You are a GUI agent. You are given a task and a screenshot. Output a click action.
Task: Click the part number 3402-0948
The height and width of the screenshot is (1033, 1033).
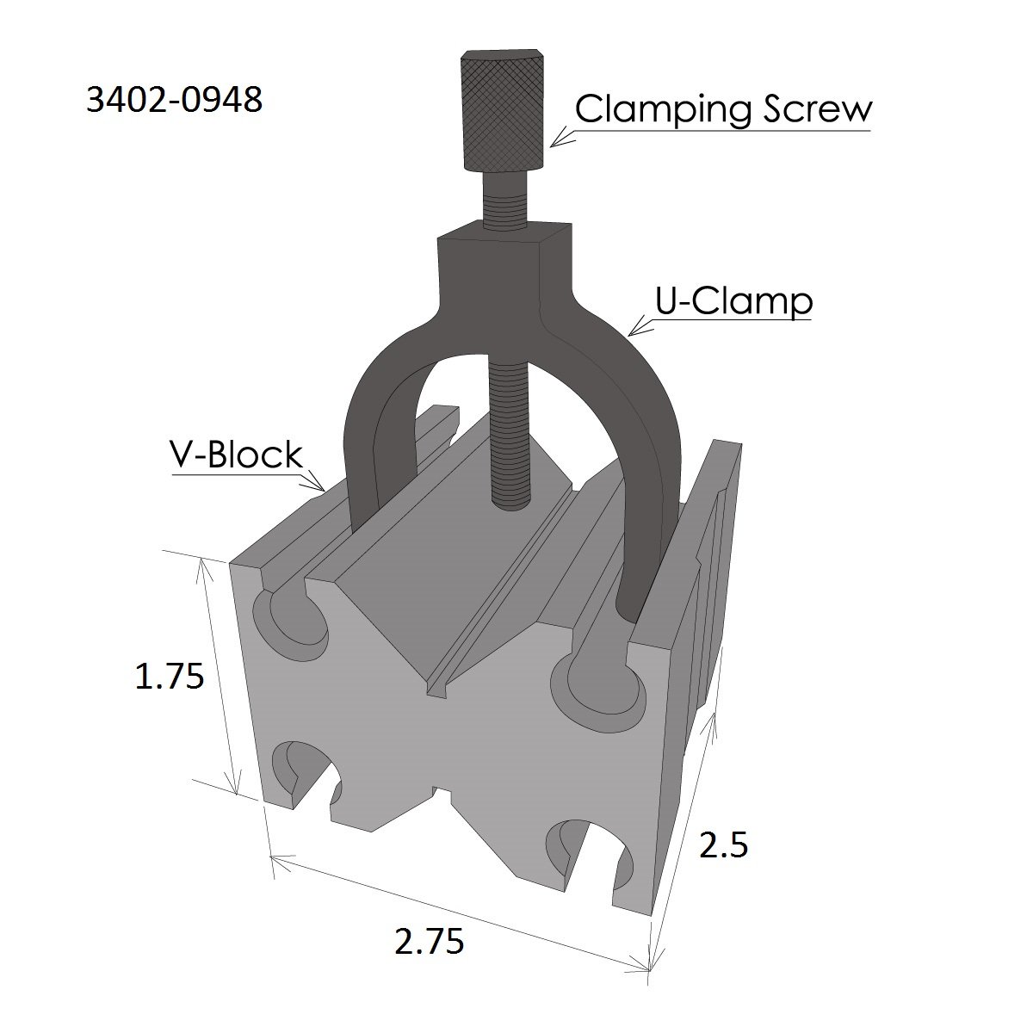pos(174,102)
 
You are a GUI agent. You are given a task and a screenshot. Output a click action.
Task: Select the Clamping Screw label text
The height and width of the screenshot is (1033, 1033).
pos(723,110)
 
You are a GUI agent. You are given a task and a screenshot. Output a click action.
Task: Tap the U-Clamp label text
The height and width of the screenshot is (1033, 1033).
pos(733,301)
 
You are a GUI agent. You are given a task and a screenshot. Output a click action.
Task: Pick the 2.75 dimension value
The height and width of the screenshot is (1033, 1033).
pos(429,942)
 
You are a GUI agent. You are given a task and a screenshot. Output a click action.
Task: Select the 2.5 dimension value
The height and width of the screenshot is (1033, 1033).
pos(723,847)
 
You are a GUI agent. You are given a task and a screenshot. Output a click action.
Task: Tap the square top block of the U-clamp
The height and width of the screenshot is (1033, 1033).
pos(504,258)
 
